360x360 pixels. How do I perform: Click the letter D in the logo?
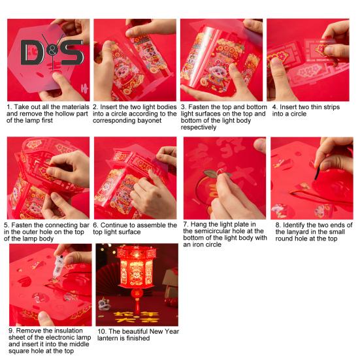pyautogui.click(x=31, y=52)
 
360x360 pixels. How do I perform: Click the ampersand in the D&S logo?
pyautogui.click(x=52, y=52)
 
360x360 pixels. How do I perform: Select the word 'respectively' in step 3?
pyautogui.click(x=199, y=127)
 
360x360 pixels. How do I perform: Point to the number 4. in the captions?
pyautogui.click(x=275, y=107)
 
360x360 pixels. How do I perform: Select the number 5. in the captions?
pyautogui.click(x=7, y=225)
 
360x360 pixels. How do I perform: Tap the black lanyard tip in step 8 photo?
pyautogui.click(x=317, y=173)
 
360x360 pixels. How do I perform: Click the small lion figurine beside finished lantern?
pyautogui.click(x=104, y=304)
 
